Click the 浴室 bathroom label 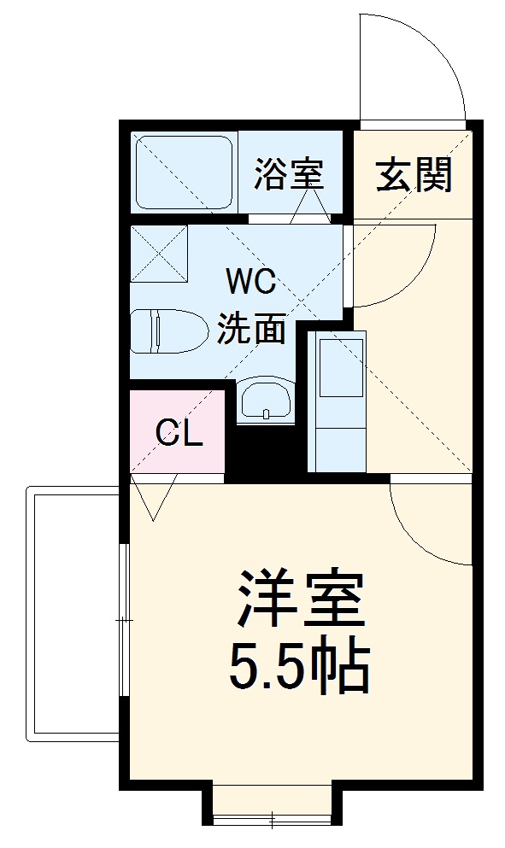click(288, 174)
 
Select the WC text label click(250, 280)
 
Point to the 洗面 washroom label click(250, 329)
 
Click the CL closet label click(179, 434)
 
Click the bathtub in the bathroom click(184, 172)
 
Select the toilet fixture click(168, 330)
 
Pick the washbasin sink click(264, 401)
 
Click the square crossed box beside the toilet click(159, 253)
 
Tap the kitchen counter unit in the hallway click(335, 401)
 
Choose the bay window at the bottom click(272, 807)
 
